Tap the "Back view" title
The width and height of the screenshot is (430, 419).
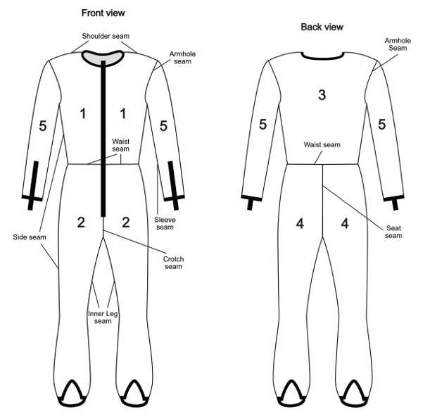(322, 27)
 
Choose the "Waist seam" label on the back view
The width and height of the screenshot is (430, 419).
(322, 145)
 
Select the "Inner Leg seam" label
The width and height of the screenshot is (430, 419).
(103, 317)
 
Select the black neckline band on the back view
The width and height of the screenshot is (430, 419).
(322, 54)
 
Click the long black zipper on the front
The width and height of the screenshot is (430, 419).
(104, 141)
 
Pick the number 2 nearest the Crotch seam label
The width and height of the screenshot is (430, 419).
(127, 223)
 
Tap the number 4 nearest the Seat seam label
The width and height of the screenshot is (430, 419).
(344, 223)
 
